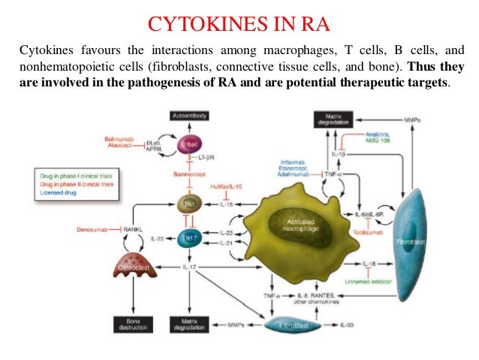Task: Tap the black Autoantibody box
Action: [189, 116]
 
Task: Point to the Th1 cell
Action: [188, 204]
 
